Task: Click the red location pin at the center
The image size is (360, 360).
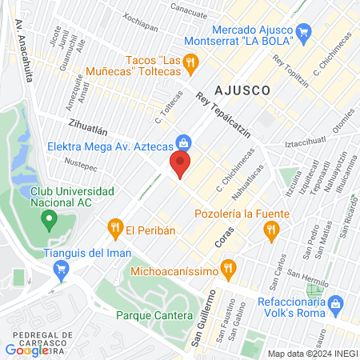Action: (x=180, y=166)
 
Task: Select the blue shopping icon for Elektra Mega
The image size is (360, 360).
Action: (x=184, y=142)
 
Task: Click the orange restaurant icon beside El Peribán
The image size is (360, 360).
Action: (x=116, y=229)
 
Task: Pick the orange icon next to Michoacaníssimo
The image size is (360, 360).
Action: (x=230, y=267)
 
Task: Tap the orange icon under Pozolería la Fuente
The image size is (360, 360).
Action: (x=271, y=231)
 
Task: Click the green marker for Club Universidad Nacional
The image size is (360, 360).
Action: (x=50, y=218)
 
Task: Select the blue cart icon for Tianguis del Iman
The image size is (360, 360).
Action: (x=59, y=270)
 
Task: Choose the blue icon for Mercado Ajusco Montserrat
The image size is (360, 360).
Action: (x=303, y=32)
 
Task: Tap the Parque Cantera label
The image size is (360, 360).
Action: (x=155, y=315)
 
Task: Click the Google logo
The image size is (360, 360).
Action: (x=26, y=350)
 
